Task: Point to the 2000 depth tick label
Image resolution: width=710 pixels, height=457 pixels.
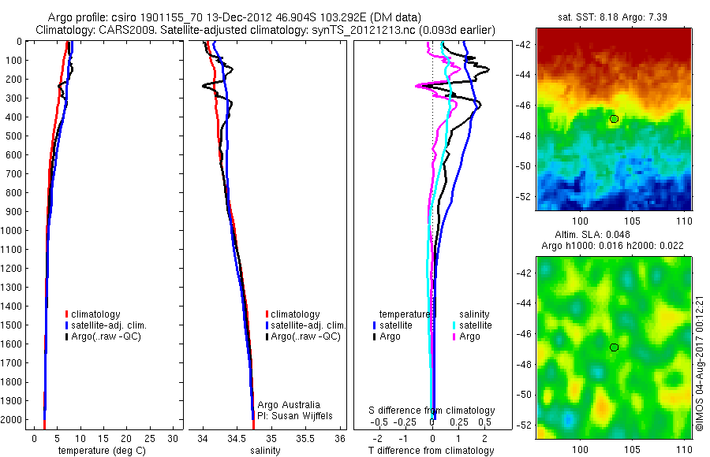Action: coord(13,420)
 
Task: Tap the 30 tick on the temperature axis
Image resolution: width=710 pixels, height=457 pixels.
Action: coord(173,438)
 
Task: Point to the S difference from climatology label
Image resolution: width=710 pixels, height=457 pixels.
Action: coord(432,411)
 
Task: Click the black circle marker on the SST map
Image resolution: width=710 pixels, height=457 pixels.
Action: coord(615,119)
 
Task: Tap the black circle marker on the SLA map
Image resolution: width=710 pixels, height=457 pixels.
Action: coord(615,347)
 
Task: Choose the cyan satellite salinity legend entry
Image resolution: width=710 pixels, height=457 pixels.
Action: coord(473,325)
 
